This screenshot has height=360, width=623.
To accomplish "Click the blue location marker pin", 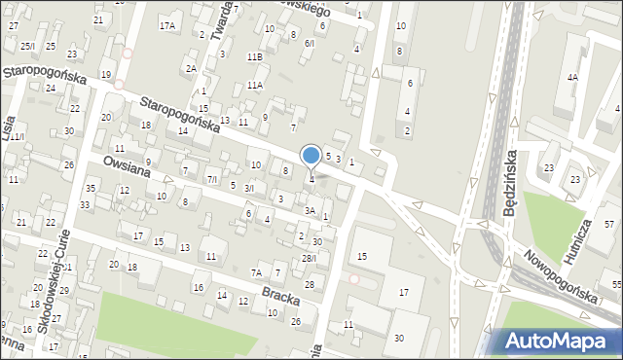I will click(311, 156).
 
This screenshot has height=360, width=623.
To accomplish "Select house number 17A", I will click(168, 25).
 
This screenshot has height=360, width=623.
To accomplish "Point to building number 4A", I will click(573, 76).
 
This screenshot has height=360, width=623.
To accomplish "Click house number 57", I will click(608, 225).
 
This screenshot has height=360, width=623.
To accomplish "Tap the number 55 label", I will click(617, 284).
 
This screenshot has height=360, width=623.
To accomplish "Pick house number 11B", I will click(254, 57).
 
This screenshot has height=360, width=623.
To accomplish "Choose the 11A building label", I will click(254, 86).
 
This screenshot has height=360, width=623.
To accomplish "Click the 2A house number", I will click(192, 68).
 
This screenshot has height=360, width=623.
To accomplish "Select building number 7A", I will click(257, 272).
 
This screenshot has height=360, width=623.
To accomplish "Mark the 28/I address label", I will click(309, 258).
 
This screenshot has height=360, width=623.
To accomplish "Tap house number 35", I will click(91, 187).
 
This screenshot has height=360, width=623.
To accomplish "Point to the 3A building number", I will click(310, 210).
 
